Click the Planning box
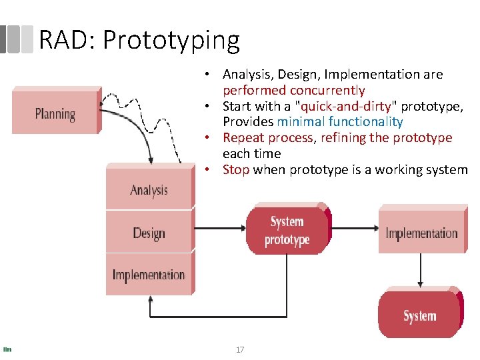(x=55, y=113)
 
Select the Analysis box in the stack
(x=149, y=189)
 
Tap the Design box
(x=149, y=233)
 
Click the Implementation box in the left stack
(x=149, y=275)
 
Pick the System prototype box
(x=287, y=231)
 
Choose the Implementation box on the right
(x=421, y=233)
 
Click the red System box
(x=419, y=315)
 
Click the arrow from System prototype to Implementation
(x=353, y=232)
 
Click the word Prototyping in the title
(x=171, y=41)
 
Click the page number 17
(x=240, y=349)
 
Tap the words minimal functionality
(x=340, y=122)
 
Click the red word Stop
(x=236, y=170)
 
